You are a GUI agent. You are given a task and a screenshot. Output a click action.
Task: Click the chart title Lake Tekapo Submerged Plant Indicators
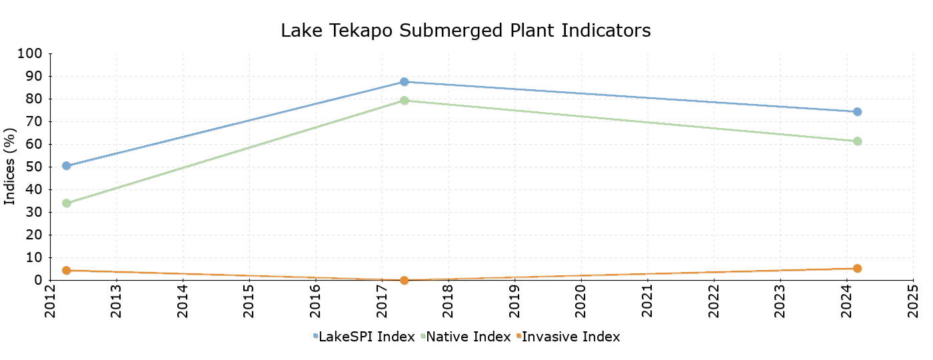tap(466, 31)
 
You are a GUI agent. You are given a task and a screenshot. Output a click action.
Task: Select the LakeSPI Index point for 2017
tap(404, 81)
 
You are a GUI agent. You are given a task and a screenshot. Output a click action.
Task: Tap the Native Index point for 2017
tap(404, 101)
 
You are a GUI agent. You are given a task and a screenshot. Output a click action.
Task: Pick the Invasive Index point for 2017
tap(404, 280)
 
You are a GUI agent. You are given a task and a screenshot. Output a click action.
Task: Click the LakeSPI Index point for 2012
tap(67, 165)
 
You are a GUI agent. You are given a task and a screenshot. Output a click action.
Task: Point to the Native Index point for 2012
tap(67, 203)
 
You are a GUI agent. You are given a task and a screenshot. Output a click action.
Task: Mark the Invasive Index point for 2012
tap(67, 270)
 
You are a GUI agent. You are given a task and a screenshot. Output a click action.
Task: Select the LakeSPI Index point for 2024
tap(857, 111)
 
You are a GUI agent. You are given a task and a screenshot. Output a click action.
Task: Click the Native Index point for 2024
tap(857, 141)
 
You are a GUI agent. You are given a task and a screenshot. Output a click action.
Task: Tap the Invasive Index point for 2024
tap(857, 269)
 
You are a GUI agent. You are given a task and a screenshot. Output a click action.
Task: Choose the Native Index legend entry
tap(468, 337)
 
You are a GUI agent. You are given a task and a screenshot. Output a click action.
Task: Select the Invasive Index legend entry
tap(570, 337)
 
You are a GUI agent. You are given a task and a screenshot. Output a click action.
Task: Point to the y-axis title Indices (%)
tap(10, 167)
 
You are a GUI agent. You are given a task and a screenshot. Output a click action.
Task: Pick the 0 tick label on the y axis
tap(38, 280)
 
